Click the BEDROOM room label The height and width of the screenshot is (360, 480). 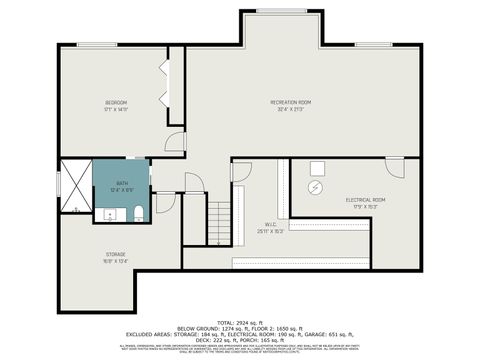[116, 103]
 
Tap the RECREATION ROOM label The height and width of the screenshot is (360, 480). [291, 103]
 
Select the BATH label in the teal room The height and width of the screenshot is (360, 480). [121, 183]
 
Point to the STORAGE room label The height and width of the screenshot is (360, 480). [116, 255]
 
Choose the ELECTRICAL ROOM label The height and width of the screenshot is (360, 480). [365, 200]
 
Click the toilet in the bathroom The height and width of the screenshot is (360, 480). [137, 212]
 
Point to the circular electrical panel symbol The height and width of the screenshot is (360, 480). [317, 187]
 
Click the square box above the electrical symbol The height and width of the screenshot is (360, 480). [317, 168]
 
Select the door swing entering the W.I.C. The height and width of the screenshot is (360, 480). [241, 172]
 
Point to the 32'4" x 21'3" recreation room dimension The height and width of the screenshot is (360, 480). [291, 111]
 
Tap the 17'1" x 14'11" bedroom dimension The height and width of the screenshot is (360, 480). [116, 111]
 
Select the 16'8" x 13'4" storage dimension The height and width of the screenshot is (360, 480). [116, 263]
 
